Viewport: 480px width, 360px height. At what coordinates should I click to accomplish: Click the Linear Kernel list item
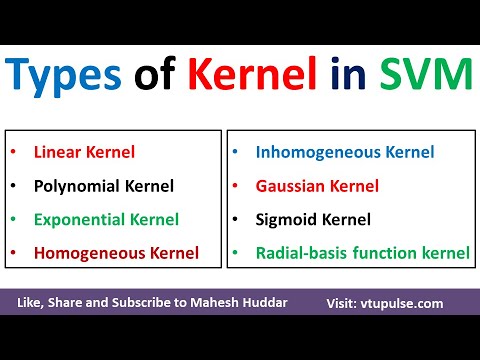tap(84, 153)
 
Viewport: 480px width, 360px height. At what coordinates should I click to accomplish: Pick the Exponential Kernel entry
tap(106, 219)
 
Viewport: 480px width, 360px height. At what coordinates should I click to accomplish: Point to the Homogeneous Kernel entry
tap(116, 252)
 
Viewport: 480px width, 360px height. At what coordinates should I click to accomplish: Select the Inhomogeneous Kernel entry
tap(345, 153)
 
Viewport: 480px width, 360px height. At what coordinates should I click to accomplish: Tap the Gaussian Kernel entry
tap(318, 186)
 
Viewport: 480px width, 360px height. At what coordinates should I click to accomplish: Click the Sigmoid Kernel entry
tap(313, 219)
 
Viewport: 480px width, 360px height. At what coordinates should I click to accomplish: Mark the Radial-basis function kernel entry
tap(362, 252)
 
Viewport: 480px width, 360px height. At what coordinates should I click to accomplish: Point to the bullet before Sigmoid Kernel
tap(235, 219)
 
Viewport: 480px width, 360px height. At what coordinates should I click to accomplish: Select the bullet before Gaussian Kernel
tap(235, 186)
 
